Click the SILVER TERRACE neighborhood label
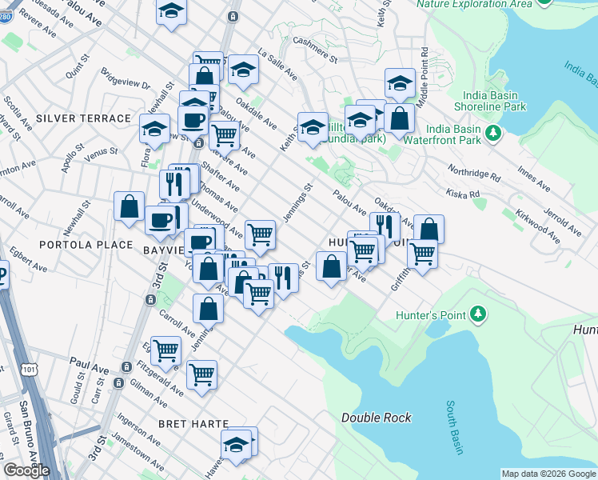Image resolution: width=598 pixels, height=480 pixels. pyautogui.click(x=82, y=118)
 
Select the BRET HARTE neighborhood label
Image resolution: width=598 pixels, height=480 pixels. pyautogui.click(x=193, y=423)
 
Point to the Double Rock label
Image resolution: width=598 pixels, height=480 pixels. pyautogui.click(x=376, y=418)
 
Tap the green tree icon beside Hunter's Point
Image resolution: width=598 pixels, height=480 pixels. pyautogui.click(x=478, y=314)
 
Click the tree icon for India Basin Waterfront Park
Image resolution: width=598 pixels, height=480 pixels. pyautogui.click(x=494, y=130)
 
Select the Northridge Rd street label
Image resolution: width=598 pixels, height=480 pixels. pyautogui.click(x=474, y=172)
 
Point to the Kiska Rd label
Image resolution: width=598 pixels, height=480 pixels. pyautogui.click(x=464, y=194)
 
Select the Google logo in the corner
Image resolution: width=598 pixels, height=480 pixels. pyautogui.click(x=26, y=470)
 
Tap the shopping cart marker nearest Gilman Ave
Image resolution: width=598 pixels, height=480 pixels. pyautogui.click(x=201, y=374)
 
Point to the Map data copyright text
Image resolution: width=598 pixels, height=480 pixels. pyautogui.click(x=548, y=474)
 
